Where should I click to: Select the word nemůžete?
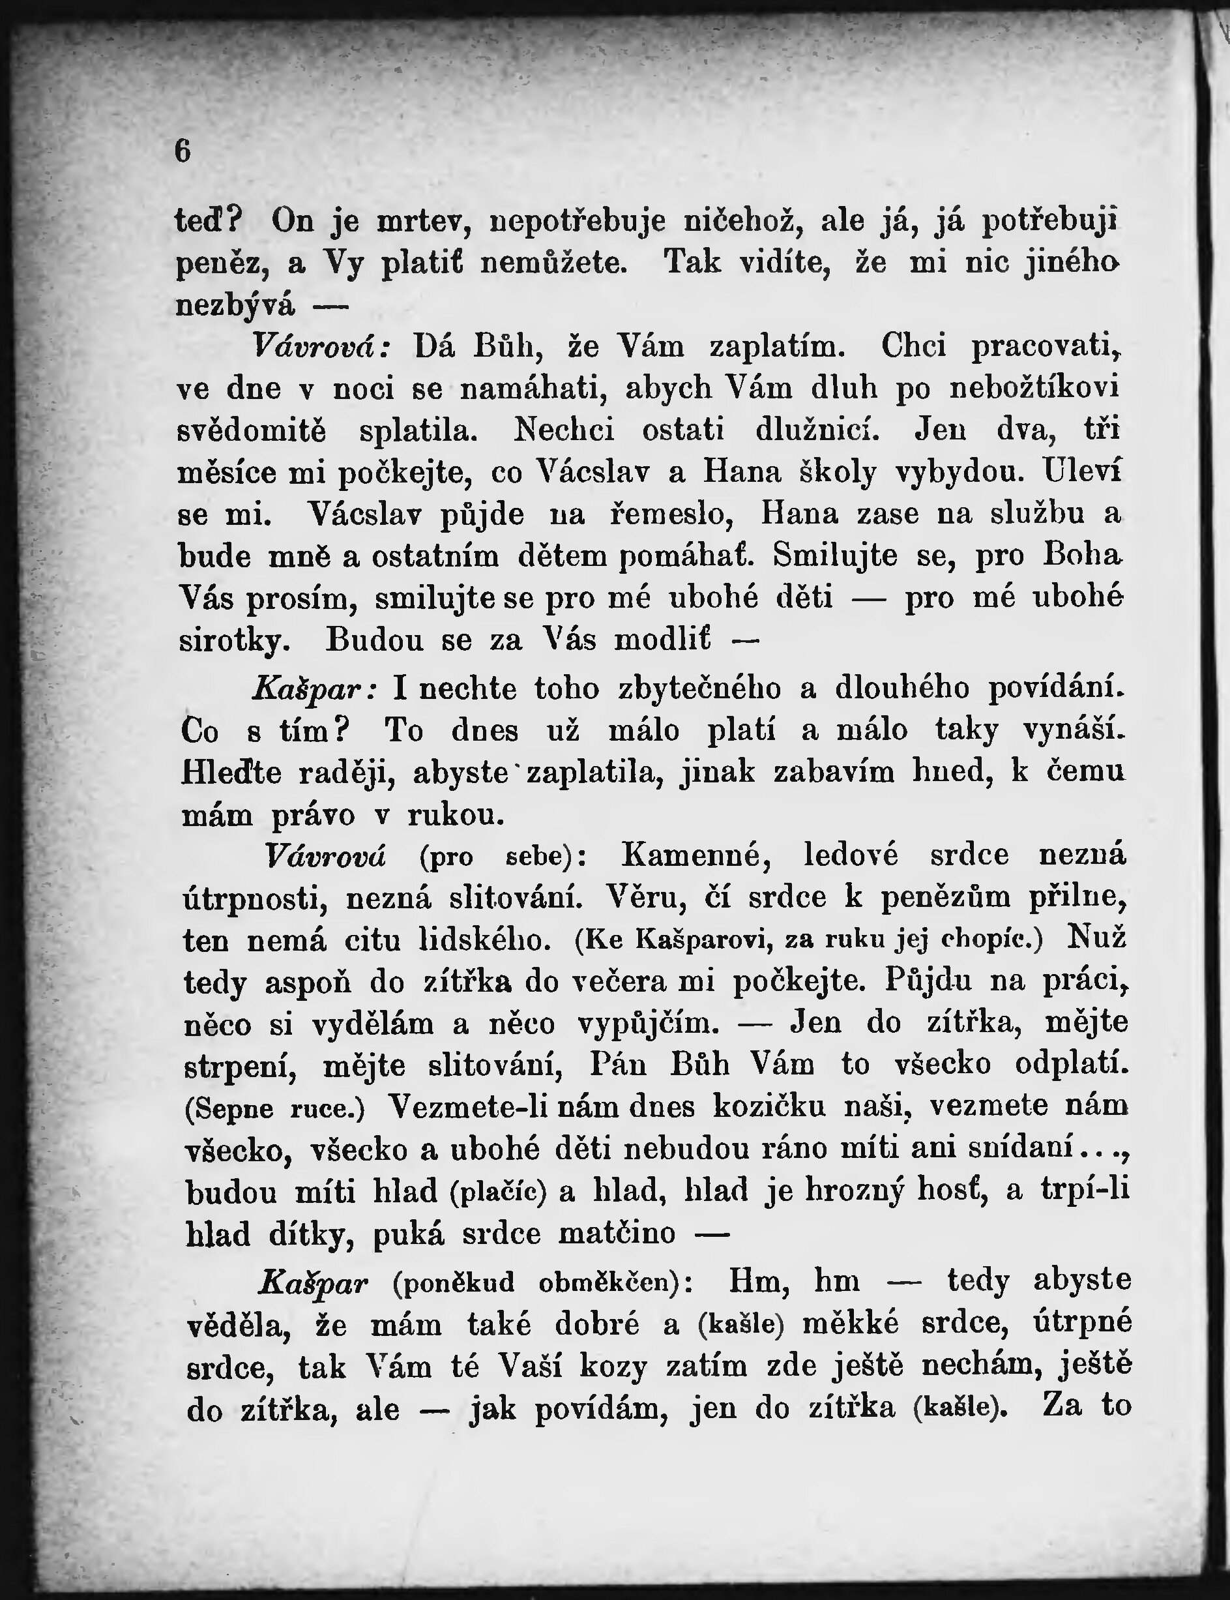pyautogui.click(x=553, y=263)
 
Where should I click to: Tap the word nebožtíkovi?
pyautogui.click(x=1034, y=387)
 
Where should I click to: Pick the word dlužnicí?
pyautogui.click(x=817, y=429)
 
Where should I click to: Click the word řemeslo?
pyautogui.click(x=672, y=514)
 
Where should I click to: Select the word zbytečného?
pyautogui.click(x=699, y=689)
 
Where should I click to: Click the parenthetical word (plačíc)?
pyautogui.click(x=499, y=1192)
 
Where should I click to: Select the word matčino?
pyautogui.click(x=617, y=1233)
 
